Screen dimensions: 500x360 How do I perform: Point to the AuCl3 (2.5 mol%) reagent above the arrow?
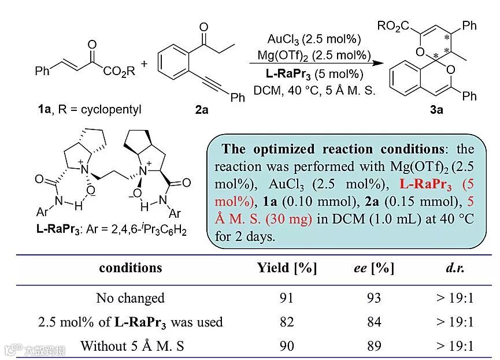[314, 39]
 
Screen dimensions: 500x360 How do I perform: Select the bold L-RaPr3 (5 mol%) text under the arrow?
[314, 75]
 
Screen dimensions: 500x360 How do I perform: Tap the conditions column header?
[131, 268]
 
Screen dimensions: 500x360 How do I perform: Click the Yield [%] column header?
[287, 268]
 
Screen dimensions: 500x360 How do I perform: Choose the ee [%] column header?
[373, 268]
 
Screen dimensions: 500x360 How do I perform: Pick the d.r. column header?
[455, 268]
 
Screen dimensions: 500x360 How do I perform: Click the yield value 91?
[287, 298]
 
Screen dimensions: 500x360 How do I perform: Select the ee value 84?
[374, 322]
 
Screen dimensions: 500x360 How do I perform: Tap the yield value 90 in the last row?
[287, 346]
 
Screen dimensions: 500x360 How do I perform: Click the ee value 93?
[374, 298]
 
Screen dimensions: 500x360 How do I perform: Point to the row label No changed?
[130, 298]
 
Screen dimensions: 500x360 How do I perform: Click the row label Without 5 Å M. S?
[130, 346]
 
